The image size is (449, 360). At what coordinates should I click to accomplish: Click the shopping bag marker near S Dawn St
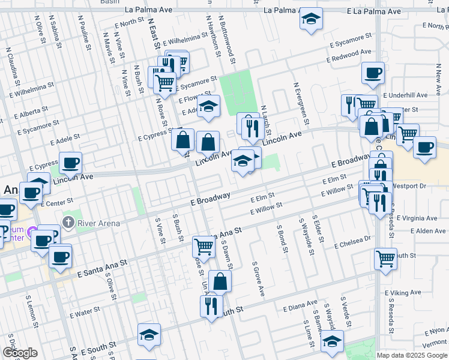pyautogui.click(x=220, y=280)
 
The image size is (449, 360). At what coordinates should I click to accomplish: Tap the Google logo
pyautogui.click(x=19, y=353)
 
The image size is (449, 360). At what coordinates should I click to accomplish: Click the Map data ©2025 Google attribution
pyautogui.click(x=412, y=355)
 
